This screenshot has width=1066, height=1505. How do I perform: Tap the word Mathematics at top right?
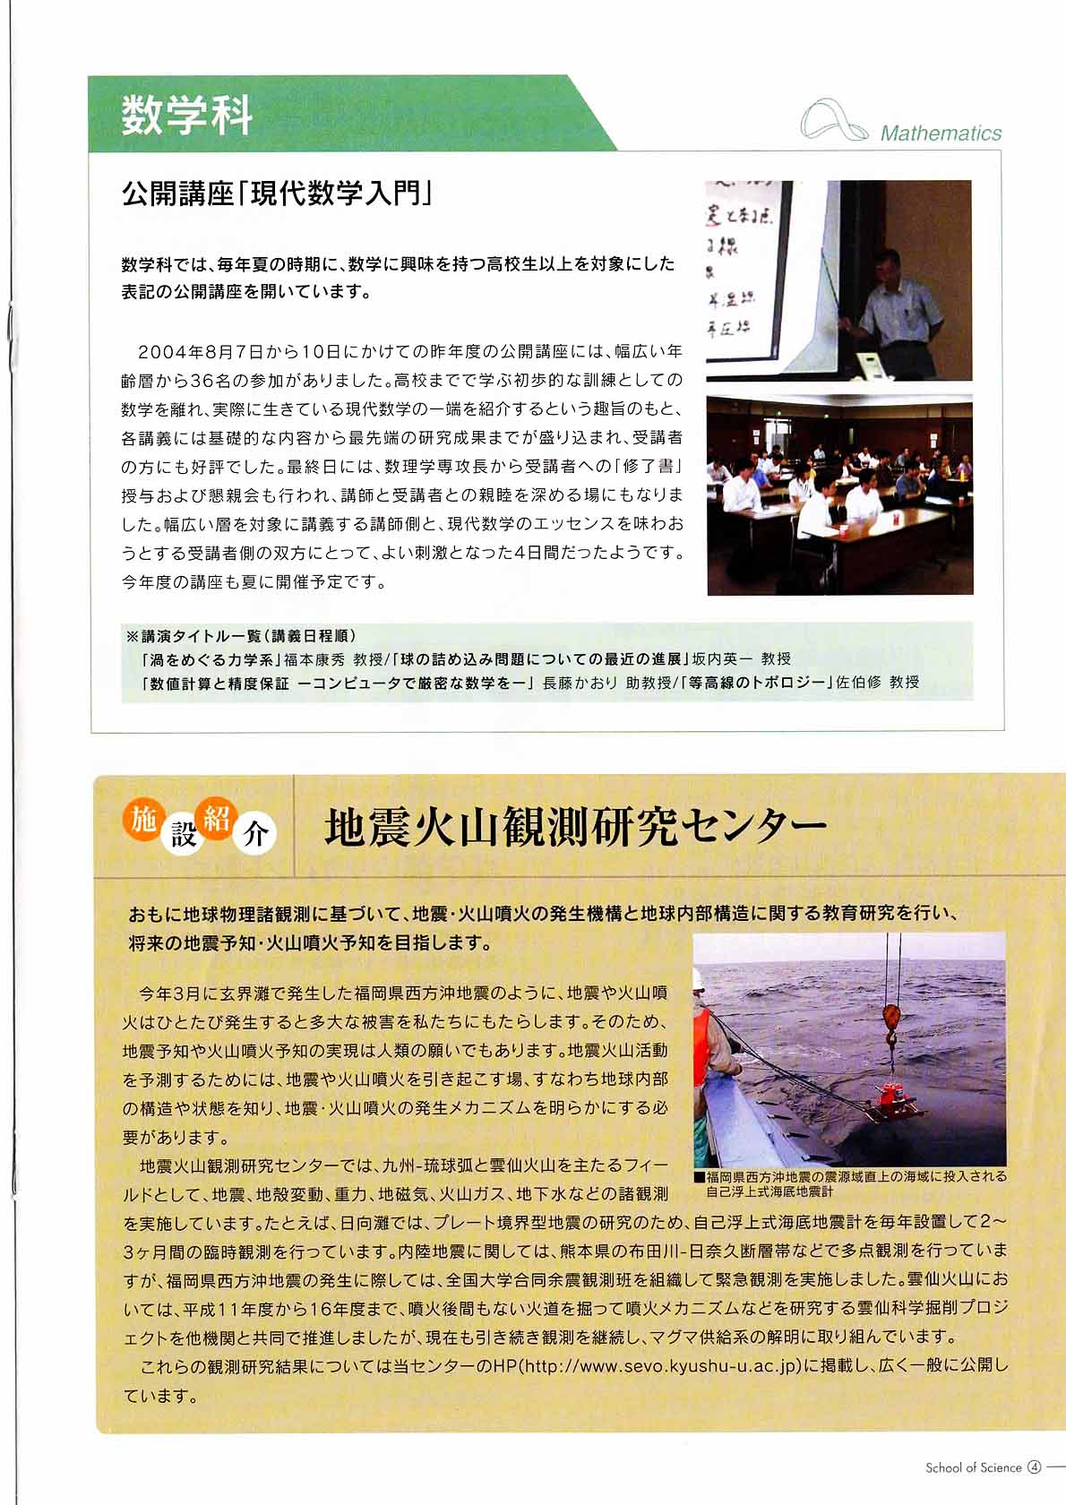click(941, 133)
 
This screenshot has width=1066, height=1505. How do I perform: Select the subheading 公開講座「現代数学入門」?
click(278, 193)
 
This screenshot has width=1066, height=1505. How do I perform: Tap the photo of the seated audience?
click(839, 494)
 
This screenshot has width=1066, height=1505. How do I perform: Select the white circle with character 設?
click(184, 835)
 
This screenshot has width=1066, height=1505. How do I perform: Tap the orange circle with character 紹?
click(218, 819)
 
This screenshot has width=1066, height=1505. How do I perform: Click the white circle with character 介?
click(255, 835)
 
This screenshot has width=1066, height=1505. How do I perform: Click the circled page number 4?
click(1035, 1467)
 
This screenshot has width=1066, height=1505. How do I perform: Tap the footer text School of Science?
click(973, 1467)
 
